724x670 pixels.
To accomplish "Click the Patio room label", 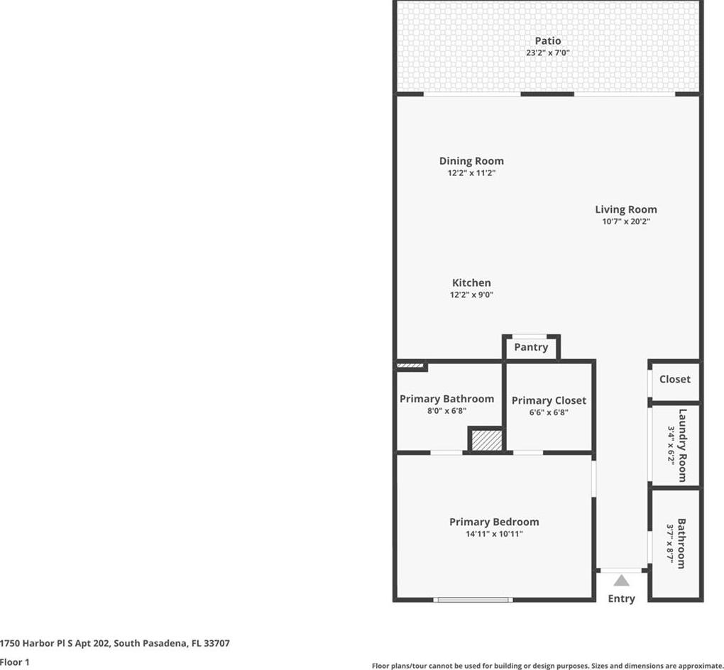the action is pos(548,40).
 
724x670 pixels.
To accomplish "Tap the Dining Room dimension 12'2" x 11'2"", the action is pos(471,173).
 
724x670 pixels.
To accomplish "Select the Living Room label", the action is pos(625,209).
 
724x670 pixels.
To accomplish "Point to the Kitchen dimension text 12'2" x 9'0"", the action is pos(471,295).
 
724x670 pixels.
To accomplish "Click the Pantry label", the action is pos(531,347).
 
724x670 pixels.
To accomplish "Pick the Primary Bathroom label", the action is pos(446,399).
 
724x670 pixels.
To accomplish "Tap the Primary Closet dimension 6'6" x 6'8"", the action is pos(549,412).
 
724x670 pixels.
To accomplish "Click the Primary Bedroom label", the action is pos(494,522).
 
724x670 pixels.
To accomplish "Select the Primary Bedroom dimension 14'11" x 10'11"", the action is pos(494,534).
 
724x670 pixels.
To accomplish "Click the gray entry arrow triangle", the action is pos(622,581).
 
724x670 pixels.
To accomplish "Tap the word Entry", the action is pos(622,598).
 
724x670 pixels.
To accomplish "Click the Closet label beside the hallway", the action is pos(674,379).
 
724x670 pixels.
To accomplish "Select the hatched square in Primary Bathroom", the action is pos(487,440).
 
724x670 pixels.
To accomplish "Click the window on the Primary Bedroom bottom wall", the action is pos(473,600).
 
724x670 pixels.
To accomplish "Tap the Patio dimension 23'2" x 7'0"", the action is pos(548,53).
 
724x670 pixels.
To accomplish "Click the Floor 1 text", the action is pos(14,662).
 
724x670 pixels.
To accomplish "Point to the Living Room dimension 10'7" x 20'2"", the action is pos(625,221).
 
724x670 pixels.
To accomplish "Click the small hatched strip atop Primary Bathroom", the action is pos(410,366).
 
